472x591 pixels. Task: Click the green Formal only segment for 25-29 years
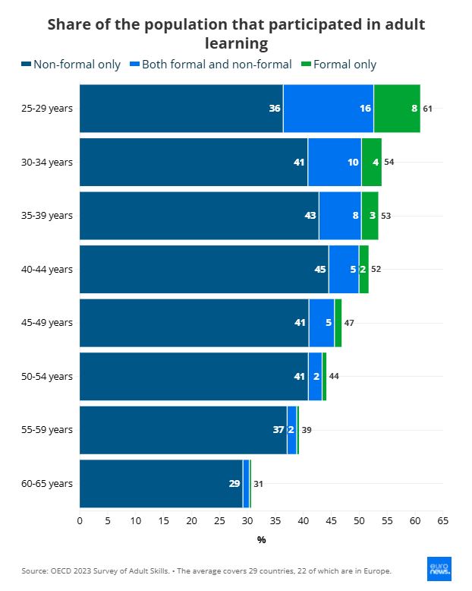coord(397,108)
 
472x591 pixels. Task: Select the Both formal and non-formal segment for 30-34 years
coord(335,162)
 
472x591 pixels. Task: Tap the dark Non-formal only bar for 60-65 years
coord(161,483)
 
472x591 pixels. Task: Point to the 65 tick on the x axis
coord(442,520)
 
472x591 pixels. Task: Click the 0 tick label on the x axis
coord(80,520)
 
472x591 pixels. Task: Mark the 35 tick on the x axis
coord(275,520)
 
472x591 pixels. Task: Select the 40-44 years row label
coord(47,269)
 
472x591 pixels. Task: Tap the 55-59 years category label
coord(47,429)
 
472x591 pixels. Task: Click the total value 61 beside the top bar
coord(427,109)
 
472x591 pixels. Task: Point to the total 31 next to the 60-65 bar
coord(258,484)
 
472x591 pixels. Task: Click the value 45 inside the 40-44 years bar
coord(320,269)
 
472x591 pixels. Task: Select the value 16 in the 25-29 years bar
coord(365,109)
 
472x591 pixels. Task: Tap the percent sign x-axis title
coord(261,540)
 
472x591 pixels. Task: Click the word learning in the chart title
coord(236,43)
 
